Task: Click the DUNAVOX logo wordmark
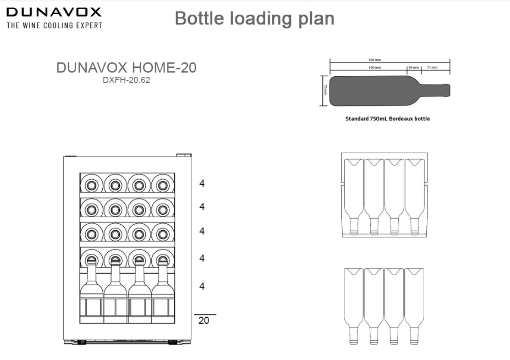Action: coord(54,12)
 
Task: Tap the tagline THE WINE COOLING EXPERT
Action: coord(54,25)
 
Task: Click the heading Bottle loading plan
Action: coord(255,18)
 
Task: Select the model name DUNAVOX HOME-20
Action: coord(126,68)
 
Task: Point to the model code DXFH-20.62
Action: coord(126,80)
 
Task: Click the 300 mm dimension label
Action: coord(375,60)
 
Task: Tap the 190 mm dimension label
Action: coord(375,68)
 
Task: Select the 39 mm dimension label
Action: coord(413,68)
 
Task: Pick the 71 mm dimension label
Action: coord(432,68)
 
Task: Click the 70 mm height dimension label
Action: coord(325,91)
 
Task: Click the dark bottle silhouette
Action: coord(390,91)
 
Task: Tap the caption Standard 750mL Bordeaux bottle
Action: coord(387,119)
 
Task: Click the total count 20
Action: coord(204,320)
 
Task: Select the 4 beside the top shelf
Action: coord(202,183)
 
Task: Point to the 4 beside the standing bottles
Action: coord(202,286)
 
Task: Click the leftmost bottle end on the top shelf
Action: coord(91,185)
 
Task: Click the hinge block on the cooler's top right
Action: coord(184,155)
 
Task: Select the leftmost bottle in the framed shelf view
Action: coord(354,197)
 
